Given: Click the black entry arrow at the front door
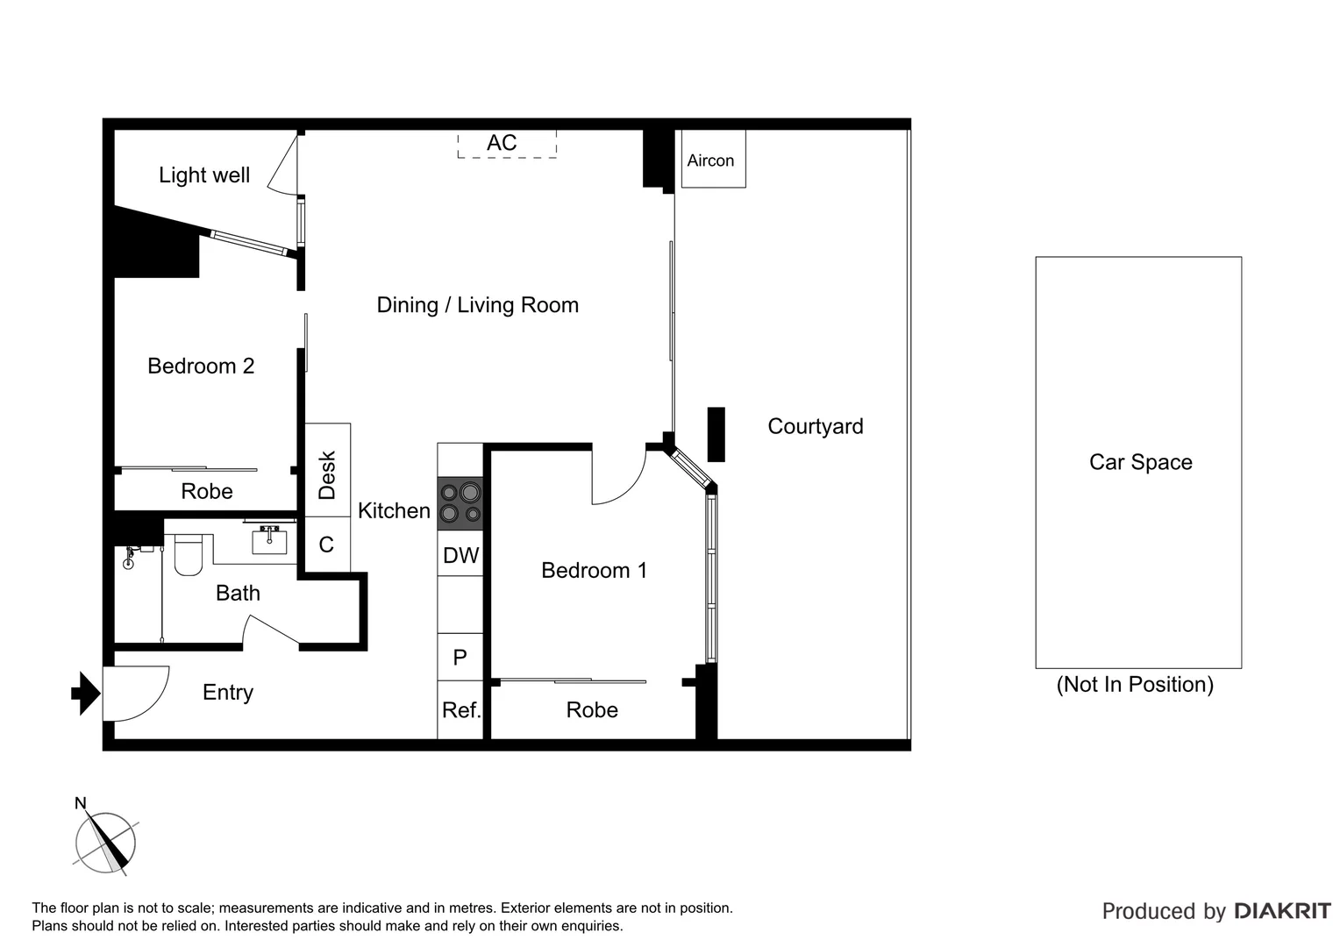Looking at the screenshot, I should click(x=85, y=693).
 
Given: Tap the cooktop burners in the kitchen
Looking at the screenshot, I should click(x=460, y=503).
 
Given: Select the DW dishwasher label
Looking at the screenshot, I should click(x=460, y=555).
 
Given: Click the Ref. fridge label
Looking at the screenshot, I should click(x=461, y=710).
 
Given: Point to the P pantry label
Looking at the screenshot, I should click(x=460, y=658).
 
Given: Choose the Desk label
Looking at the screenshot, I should click(x=327, y=474).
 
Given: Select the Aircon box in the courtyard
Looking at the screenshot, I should click(x=711, y=160).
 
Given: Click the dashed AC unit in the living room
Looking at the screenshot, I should click(x=506, y=144).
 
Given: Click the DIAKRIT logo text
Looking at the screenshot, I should click(x=1282, y=911).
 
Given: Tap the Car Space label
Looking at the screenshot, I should click(x=1140, y=462).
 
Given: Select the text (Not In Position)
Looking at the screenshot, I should click(x=1135, y=684).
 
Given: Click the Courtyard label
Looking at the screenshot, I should click(x=815, y=426).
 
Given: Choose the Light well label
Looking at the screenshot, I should click(x=204, y=175).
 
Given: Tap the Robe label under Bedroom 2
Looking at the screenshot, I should click(x=207, y=491).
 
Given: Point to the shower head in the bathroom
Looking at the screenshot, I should click(x=130, y=558).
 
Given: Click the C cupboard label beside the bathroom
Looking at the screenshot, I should click(x=326, y=545).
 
